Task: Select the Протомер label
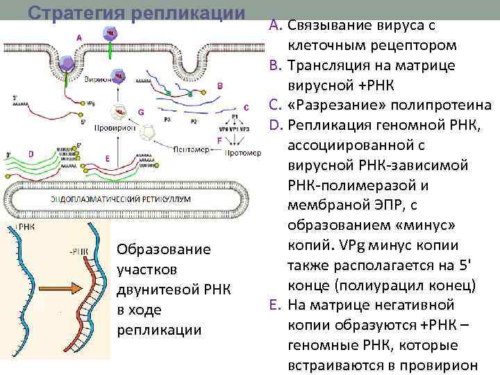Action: pos(243,152)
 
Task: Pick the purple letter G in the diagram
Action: pos(141,111)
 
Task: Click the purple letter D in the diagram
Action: pos(31,153)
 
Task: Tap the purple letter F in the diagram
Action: pos(219,140)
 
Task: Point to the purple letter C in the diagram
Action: pos(247,107)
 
